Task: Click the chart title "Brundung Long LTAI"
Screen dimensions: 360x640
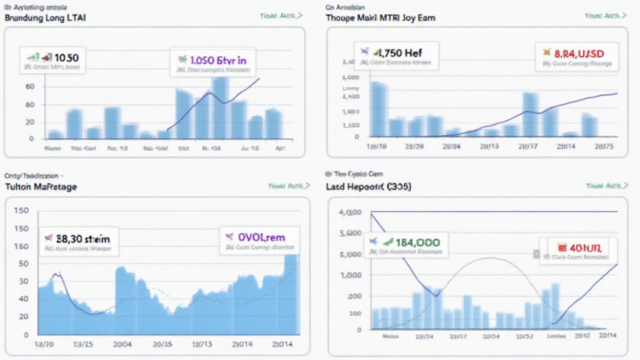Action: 46,18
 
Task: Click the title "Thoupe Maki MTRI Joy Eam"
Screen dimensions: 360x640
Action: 381,18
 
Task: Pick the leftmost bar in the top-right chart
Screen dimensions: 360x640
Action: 379,109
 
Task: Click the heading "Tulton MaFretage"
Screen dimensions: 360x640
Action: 41,187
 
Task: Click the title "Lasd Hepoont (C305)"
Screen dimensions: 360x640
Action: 368,187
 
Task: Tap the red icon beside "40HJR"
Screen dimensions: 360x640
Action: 554,247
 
